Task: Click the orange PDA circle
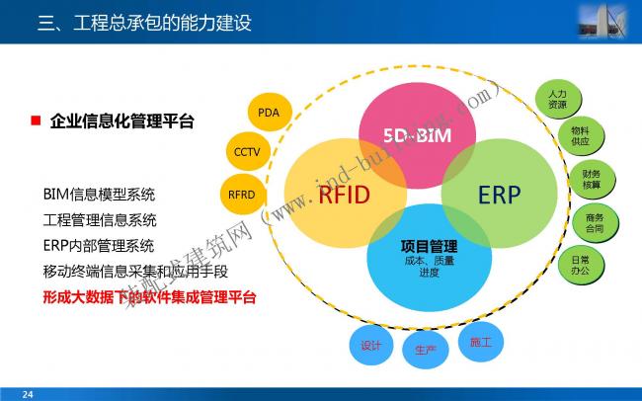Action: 269,113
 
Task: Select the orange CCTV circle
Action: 246,152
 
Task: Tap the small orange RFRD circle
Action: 242,194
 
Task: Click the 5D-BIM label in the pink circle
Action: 417,135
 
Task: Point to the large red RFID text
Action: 344,195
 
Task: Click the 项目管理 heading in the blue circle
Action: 429,246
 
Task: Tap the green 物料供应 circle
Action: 579,136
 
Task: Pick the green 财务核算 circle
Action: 592,179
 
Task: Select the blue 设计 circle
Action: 371,346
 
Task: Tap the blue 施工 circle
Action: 481,342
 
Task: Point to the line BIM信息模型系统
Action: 99,194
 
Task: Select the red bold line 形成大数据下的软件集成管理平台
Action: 149,296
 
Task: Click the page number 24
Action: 28,394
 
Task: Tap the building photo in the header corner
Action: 607,21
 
